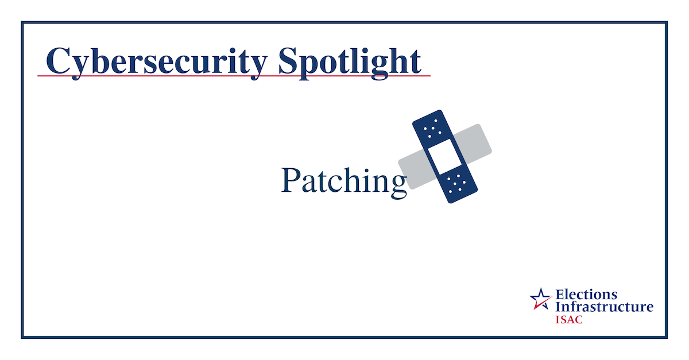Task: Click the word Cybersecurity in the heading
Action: [156, 61]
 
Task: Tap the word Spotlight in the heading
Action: [350, 61]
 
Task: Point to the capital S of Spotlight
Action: [289, 60]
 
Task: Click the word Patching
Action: [344, 181]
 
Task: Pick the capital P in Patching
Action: [291, 180]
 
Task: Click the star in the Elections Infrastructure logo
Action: [540, 297]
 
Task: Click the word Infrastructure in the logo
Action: [603, 307]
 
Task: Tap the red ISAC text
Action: [568, 319]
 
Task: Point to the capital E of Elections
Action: [559, 295]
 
